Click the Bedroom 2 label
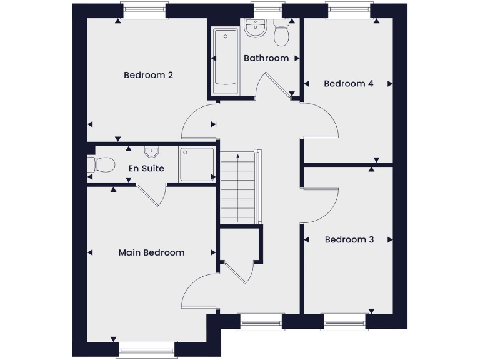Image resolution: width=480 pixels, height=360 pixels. pos(148,75)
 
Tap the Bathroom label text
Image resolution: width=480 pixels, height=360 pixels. pos(266,58)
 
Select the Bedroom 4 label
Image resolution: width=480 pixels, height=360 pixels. pos(348,83)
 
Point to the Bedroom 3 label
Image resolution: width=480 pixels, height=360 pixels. pos(349,239)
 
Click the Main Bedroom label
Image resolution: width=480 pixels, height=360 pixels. pos(151,252)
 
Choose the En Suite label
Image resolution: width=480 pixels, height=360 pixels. pos(146,168)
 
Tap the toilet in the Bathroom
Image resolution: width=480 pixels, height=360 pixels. pos(281,34)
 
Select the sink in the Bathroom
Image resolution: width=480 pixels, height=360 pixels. pos(256,27)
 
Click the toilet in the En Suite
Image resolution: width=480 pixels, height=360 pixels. pos(102,165)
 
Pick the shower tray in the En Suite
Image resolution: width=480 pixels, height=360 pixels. pos(196,164)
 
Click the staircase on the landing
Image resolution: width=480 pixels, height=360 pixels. pos(239,186)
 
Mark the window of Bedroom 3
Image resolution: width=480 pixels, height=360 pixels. pos(344,323)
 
